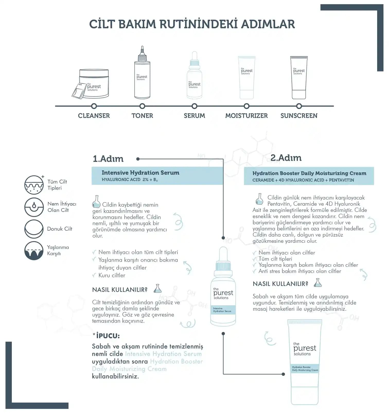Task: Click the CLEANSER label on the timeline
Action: coord(94,116)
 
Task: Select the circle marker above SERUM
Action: coord(194,106)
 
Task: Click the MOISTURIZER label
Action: coord(246,116)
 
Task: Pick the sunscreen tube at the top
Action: coord(299,77)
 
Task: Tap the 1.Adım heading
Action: coord(108,159)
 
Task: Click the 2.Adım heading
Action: coord(286,158)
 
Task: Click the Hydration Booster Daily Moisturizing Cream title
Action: coord(309,173)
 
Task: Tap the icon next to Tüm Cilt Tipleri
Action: coord(34,185)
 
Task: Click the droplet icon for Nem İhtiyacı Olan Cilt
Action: coord(34,207)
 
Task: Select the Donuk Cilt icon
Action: coord(34,229)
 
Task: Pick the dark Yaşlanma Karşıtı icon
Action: coord(34,251)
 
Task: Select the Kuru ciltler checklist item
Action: coord(112,275)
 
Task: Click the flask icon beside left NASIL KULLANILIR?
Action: coord(157,289)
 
